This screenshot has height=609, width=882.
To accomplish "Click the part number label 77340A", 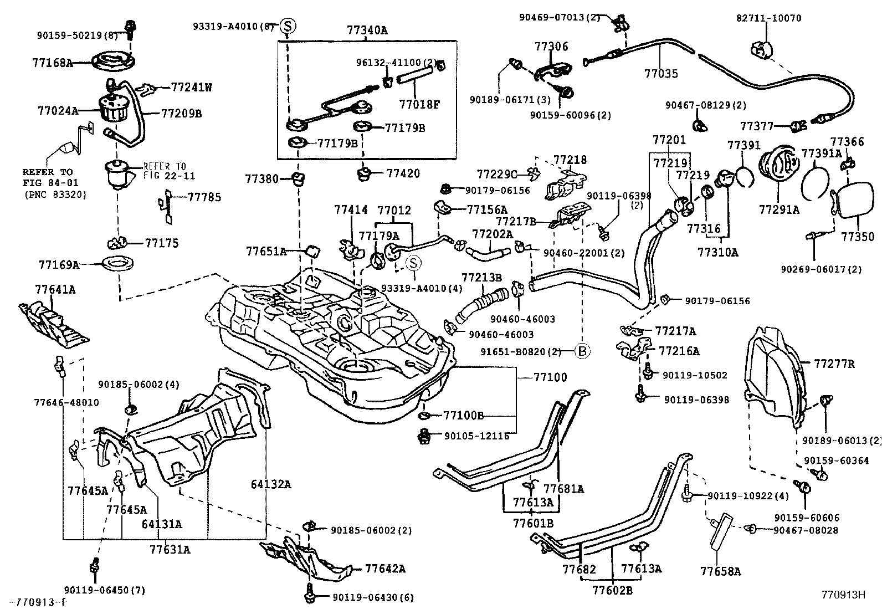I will [367, 30].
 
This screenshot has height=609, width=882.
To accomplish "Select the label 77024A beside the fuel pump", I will [58, 110].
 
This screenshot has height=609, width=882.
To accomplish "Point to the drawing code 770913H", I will [843, 595].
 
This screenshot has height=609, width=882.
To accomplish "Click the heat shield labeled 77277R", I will [773, 371].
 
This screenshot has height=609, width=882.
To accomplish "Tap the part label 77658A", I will [720, 571].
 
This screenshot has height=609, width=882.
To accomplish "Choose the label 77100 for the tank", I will [550, 377].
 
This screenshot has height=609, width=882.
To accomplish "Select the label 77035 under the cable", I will [661, 73].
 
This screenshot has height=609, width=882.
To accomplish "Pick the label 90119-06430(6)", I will [373, 597].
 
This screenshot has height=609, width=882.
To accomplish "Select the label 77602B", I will [612, 590].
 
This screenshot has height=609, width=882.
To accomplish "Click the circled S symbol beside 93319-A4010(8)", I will [288, 25].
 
